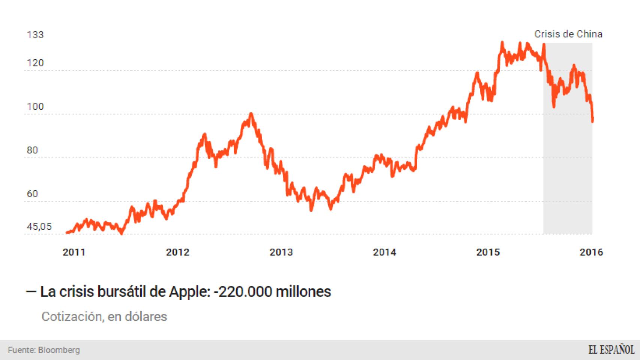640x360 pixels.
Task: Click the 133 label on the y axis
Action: (x=35, y=35)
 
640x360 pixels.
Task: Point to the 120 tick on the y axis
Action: (x=35, y=63)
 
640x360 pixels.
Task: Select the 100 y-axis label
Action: (x=35, y=106)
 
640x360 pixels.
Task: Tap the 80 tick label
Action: (x=33, y=150)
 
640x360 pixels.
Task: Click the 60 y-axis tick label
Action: (x=33, y=194)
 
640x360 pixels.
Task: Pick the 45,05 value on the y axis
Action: (x=39, y=226)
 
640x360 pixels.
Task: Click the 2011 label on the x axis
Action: (x=74, y=252)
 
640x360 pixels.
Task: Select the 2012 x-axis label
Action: (x=177, y=252)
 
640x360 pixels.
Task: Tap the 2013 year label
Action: (x=281, y=252)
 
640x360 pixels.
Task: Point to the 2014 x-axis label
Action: (x=385, y=252)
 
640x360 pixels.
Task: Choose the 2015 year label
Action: (x=488, y=252)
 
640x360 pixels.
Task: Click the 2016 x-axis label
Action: (x=591, y=252)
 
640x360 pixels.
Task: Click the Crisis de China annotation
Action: (x=568, y=34)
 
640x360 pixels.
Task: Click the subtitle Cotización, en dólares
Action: (x=104, y=316)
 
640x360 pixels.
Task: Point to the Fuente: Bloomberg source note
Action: (x=44, y=350)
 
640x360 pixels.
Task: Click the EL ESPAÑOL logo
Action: (x=611, y=350)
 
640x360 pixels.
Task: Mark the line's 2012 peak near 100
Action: (x=251, y=114)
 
